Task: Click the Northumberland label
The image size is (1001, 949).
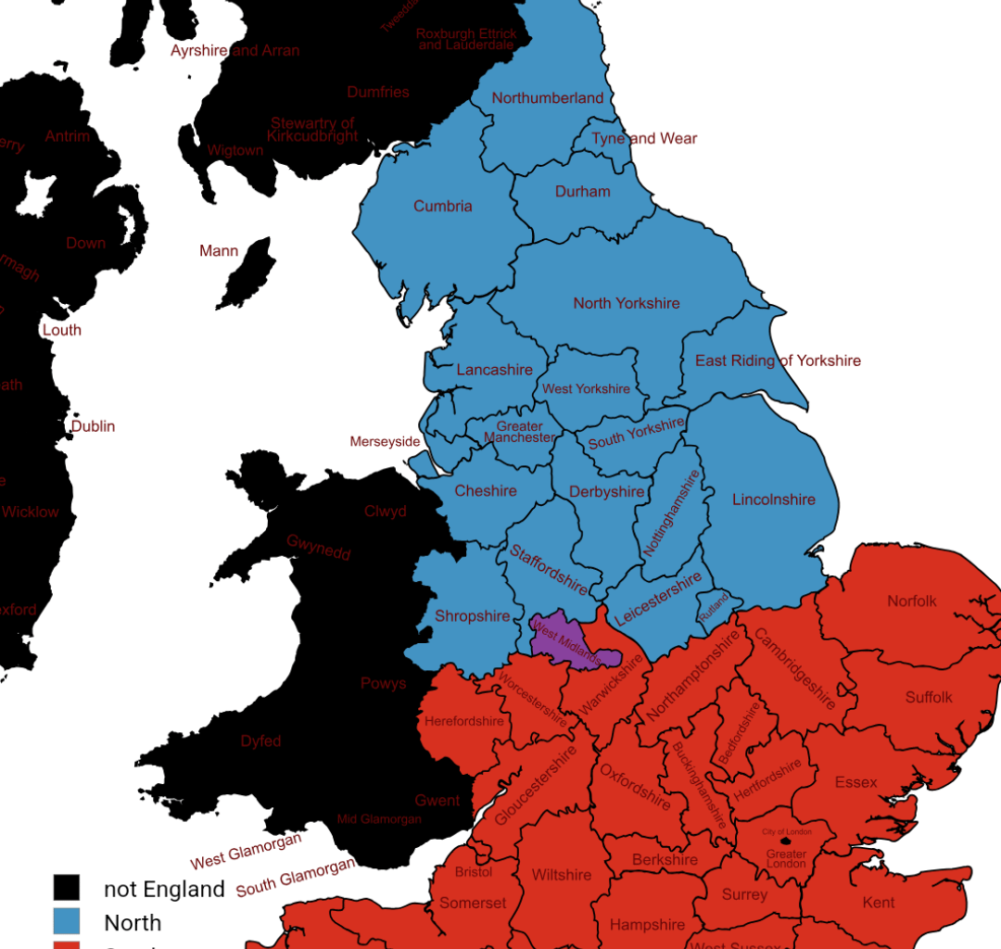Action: click(x=547, y=98)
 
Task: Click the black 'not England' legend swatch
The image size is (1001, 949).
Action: click(x=66, y=888)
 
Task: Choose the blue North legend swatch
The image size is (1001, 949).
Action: click(x=66, y=921)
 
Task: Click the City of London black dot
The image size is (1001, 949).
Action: click(x=786, y=841)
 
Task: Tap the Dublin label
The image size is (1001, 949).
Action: click(x=94, y=426)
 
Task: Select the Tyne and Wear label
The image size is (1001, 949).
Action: click(x=644, y=138)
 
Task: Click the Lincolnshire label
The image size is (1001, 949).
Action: click(x=774, y=500)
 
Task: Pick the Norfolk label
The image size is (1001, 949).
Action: click(x=912, y=601)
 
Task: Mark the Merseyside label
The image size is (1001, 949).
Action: click(x=385, y=442)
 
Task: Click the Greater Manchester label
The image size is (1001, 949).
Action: click(x=520, y=432)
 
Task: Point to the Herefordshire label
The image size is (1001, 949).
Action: click(x=464, y=721)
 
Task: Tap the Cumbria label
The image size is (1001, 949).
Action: click(x=443, y=207)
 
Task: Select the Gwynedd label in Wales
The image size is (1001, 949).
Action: click(x=319, y=547)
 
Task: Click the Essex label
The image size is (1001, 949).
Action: click(x=855, y=782)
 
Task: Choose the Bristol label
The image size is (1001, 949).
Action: click(x=474, y=872)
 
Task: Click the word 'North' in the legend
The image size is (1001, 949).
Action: click(x=133, y=923)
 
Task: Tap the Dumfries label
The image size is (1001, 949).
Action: click(x=378, y=92)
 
